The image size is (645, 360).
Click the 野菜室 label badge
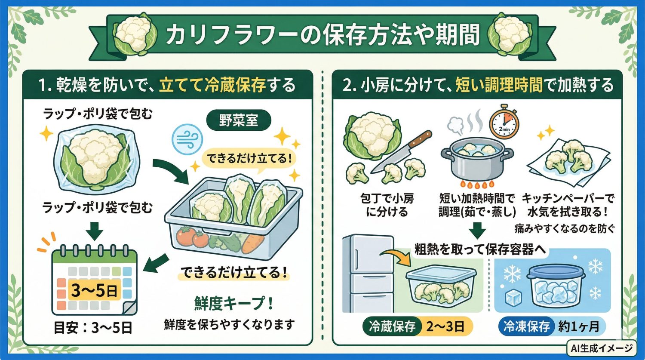[x=239, y=120]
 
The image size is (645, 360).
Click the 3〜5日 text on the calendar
[x=94, y=291]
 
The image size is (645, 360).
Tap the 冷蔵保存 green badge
[x=392, y=326]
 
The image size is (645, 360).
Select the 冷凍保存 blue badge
[x=526, y=326]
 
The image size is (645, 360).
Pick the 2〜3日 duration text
[x=445, y=326]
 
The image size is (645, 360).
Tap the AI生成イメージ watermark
[x=602, y=348]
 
